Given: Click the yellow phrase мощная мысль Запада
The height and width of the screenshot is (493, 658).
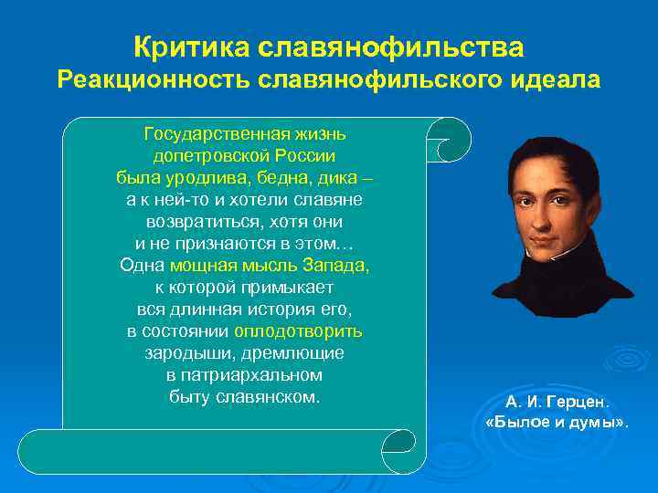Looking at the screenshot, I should (x=270, y=266).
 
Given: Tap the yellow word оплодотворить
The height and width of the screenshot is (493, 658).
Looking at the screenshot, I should (x=298, y=330).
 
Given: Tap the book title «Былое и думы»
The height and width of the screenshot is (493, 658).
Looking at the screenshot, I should (x=557, y=425).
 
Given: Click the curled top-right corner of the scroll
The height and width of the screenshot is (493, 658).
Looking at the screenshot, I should (x=451, y=138).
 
